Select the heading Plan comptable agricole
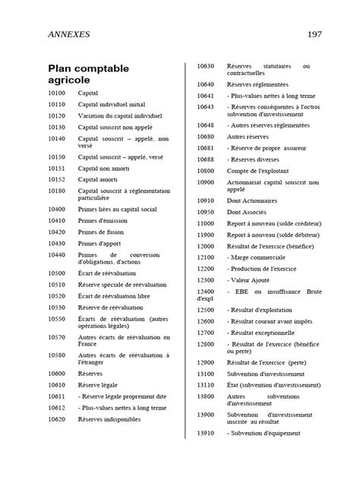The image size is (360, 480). pos(88,74)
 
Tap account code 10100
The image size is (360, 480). pos(56,92)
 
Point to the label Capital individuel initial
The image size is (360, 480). pos(112,103)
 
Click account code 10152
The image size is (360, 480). pos(56,179)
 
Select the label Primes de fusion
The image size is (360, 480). pos(101,232)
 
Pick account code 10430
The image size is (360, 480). pos(56,243)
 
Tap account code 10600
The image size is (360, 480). pos(56,374)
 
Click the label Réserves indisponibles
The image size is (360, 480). pos(109,419)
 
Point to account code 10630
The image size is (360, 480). pos(205,67)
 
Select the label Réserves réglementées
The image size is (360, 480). pos(257,84)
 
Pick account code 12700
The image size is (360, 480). pos(205,333)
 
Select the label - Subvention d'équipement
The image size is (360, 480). pos(265,434)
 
